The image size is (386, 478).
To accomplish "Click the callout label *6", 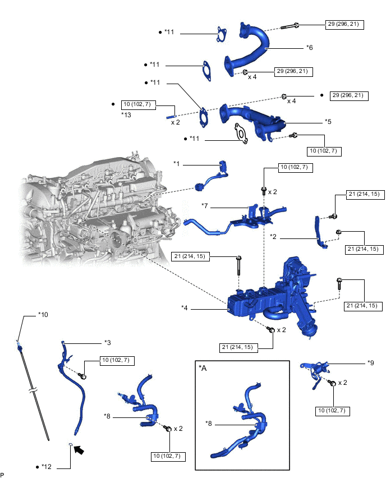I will pyautogui.click(x=309, y=48).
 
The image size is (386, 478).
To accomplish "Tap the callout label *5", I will pyautogui.click(x=328, y=121).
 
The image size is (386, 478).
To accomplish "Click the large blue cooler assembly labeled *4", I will pyautogui.click(x=264, y=303).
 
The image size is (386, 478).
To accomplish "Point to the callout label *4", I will pyautogui.click(x=185, y=307).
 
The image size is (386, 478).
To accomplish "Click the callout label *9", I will pyautogui.click(x=371, y=363).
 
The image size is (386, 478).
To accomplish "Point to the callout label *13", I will pyautogui.click(x=126, y=114).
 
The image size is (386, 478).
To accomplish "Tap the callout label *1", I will pyautogui.click(x=177, y=164).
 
